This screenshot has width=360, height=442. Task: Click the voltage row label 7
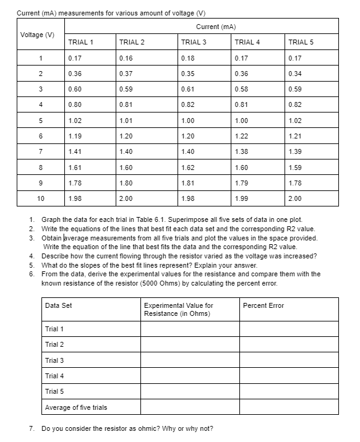pyautogui.click(x=39, y=151)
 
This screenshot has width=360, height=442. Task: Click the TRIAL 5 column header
pyautogui.click(x=301, y=42)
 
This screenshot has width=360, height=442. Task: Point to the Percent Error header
pyautogui.click(x=263, y=305)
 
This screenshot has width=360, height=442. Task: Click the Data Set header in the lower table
pyautogui.click(x=59, y=305)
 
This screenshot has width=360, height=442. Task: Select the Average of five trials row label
pyautogui.click(x=76, y=407)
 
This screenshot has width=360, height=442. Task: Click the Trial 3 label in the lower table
pyautogui.click(x=54, y=360)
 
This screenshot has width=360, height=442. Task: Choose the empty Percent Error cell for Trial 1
pyautogui.click(x=289, y=329)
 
